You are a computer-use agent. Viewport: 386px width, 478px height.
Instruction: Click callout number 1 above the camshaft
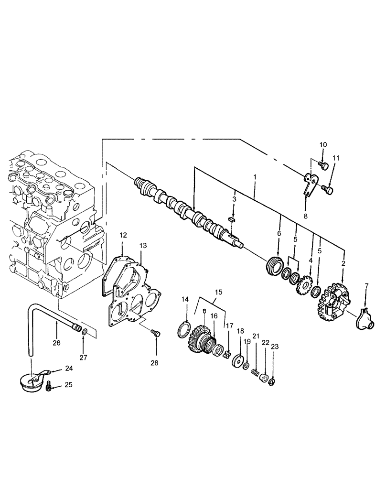pos(255,177)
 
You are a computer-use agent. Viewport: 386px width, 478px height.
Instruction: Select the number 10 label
pos(323,145)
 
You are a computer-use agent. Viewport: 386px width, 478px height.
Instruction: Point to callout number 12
pos(123,235)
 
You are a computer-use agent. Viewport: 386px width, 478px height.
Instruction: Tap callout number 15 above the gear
pos(218,292)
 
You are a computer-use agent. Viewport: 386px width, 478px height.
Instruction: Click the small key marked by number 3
pos(233,219)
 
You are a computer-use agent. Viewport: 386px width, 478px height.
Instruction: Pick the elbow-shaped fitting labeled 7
pos(364,318)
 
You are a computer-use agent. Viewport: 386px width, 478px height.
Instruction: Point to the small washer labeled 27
pos(84,332)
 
